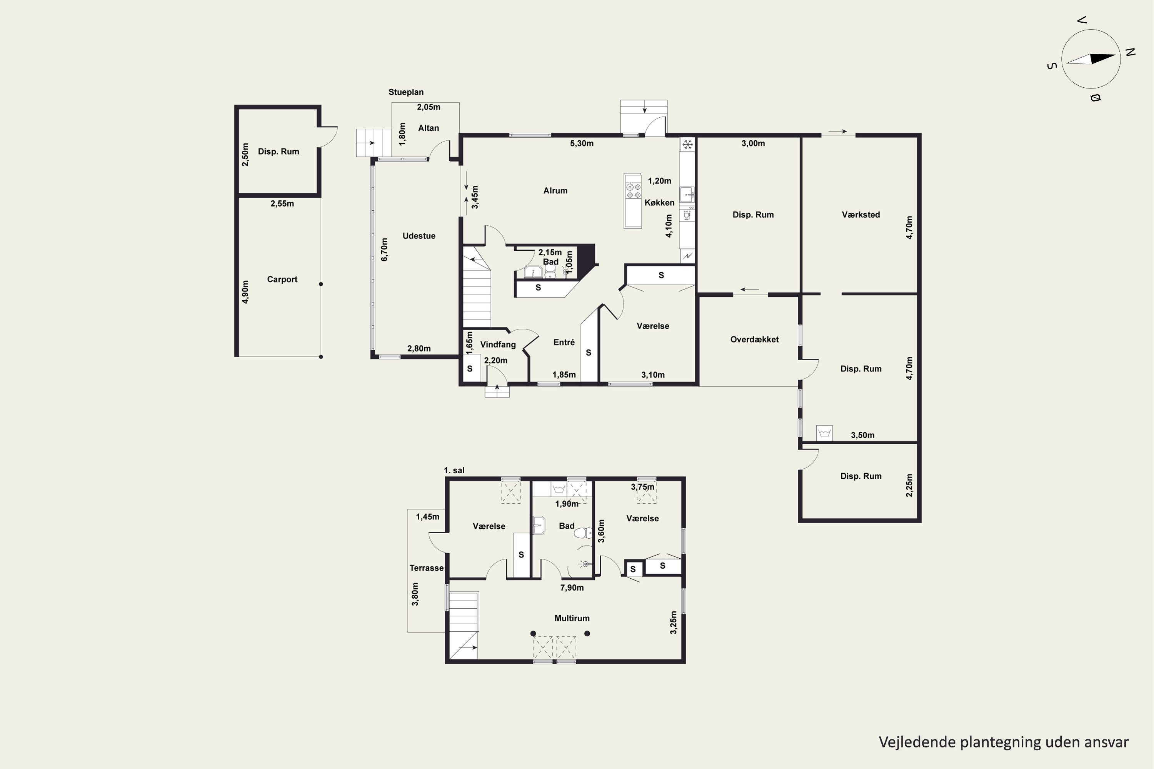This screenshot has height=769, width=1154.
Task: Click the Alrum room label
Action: coord(555,191)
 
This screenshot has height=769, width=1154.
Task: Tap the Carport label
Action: coord(282,280)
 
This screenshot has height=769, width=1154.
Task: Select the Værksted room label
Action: coord(860,215)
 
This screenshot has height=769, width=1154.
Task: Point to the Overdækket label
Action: coord(754,340)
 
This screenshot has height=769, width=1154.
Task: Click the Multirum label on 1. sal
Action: coord(572,618)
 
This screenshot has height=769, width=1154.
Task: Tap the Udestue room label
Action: coord(419,236)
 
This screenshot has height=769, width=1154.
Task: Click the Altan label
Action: coord(429,128)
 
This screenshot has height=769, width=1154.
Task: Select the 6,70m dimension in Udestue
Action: coord(384,250)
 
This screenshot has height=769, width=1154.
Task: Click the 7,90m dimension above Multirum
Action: coord(572,588)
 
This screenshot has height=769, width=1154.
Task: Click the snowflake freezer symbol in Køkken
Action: coord(687,145)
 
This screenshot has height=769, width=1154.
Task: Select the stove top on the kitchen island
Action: coord(633,190)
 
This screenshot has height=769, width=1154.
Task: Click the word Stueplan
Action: coord(406,92)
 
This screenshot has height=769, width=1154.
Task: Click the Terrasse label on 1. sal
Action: coord(426,568)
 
